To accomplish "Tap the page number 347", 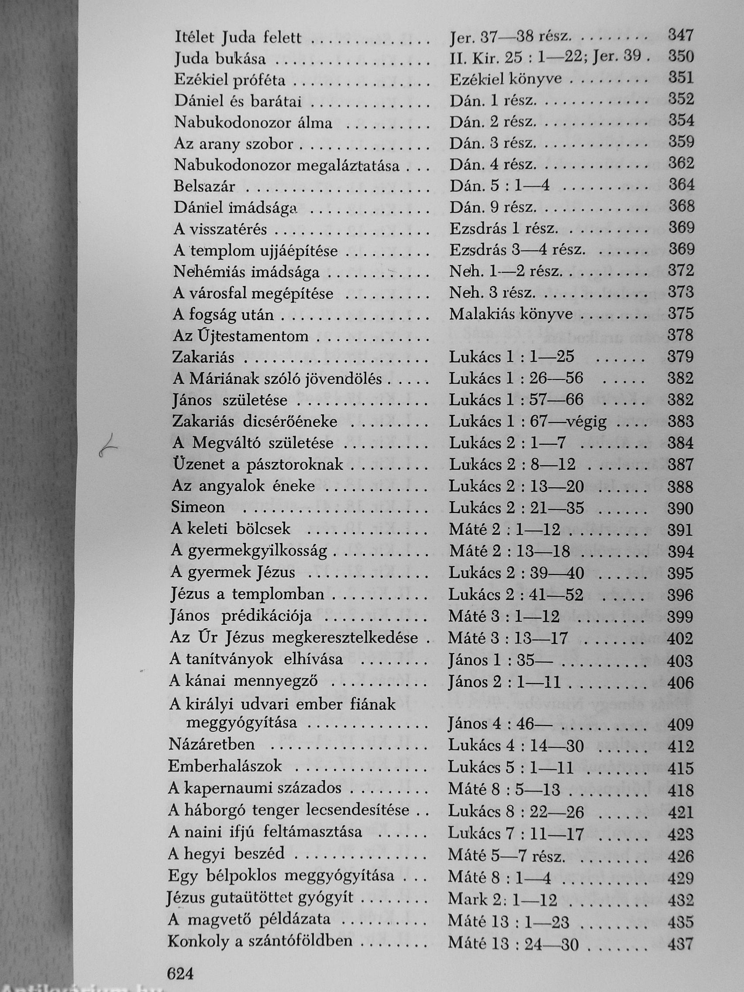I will [x=681, y=35].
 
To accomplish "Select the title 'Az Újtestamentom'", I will [x=241, y=336].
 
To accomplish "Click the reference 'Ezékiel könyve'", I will [x=506, y=79].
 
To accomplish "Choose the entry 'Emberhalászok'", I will [x=225, y=765].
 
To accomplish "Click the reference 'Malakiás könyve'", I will [x=511, y=314].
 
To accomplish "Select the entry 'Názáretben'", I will [x=212, y=744].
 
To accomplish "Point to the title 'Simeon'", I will [x=198, y=507].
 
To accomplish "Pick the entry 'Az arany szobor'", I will [x=234, y=144].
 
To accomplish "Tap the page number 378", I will [x=681, y=335].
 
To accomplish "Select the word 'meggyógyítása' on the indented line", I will [x=241, y=723].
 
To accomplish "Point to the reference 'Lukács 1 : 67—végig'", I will [x=528, y=421].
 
